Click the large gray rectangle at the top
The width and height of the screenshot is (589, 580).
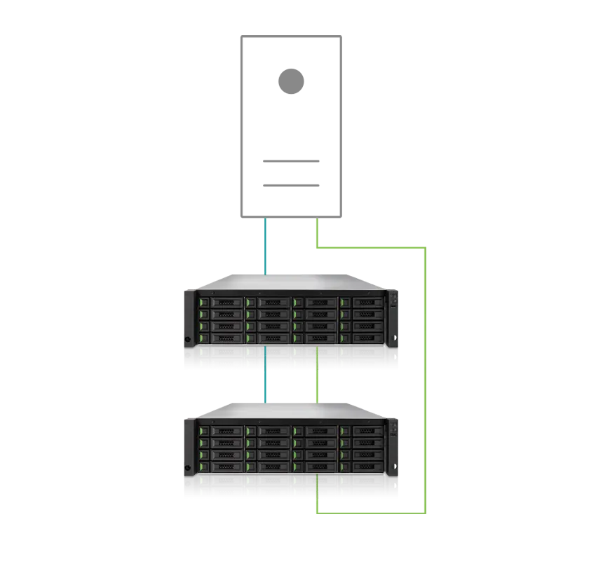pos(412,126)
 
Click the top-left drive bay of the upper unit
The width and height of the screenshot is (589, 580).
pos(220,302)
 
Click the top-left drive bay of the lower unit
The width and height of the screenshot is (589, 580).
pos(220,431)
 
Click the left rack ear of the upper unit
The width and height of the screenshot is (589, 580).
pos(187,328)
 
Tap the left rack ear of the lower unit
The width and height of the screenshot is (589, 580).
pos(187,457)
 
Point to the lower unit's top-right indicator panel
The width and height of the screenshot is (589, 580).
pos(393,427)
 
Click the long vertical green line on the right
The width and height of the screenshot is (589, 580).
pos(424,378)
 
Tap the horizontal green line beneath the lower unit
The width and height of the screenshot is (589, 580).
pos(370,512)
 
